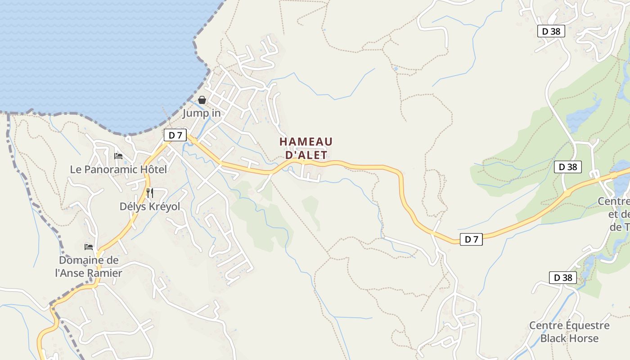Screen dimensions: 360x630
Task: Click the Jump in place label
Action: (201, 113)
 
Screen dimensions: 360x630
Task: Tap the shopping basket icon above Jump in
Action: (202, 100)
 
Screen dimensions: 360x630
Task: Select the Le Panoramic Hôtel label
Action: (118, 170)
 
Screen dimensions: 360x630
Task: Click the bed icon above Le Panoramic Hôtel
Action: (118, 156)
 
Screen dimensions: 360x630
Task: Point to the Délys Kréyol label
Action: (149, 207)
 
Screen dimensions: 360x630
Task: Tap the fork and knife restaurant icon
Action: (150, 193)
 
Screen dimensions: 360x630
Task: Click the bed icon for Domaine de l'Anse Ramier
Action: (89, 247)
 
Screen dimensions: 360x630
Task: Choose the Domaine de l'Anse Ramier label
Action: (89, 266)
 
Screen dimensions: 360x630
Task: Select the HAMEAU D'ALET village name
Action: (306, 148)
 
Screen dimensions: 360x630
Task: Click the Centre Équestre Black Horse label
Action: (569, 332)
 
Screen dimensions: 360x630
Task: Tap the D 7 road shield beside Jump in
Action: (175, 135)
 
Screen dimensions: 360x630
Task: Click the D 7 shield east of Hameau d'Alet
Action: (471, 239)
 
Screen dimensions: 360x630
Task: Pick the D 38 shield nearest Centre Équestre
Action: (562, 278)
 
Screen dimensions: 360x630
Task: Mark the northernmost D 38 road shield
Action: (551, 31)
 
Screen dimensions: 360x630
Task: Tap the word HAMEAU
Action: (306, 142)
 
